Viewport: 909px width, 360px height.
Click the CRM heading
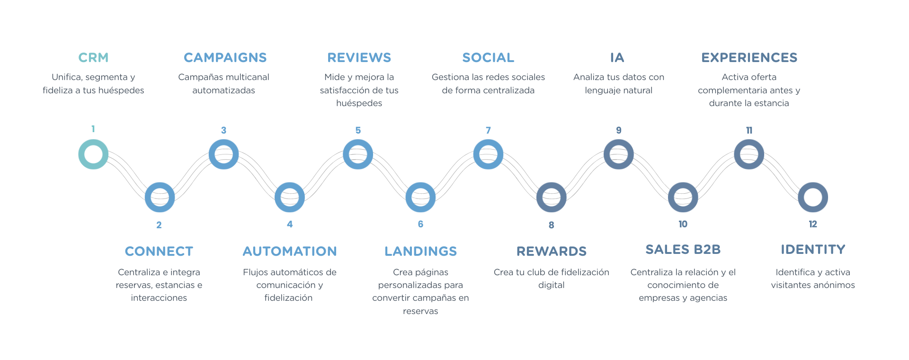tap(93, 58)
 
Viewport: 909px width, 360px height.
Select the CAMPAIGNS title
tap(225, 58)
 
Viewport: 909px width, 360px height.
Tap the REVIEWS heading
tap(359, 58)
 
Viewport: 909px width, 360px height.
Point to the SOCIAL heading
tap(488, 58)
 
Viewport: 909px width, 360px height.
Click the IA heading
tap(617, 58)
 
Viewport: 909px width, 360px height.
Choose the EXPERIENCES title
tap(749, 58)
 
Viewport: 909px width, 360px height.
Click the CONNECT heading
tap(159, 252)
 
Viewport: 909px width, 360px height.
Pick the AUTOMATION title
tap(290, 252)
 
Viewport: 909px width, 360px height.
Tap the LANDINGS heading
tap(420, 252)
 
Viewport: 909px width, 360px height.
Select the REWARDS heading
tap(551, 252)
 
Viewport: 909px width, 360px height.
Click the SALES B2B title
tap(683, 250)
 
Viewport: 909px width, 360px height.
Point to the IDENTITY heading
tap(813, 250)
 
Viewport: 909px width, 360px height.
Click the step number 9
tap(618, 130)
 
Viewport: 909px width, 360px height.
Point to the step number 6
tap(420, 224)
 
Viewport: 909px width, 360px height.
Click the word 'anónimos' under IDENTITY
tap(834, 285)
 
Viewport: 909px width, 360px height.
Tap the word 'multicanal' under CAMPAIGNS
tap(246, 77)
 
